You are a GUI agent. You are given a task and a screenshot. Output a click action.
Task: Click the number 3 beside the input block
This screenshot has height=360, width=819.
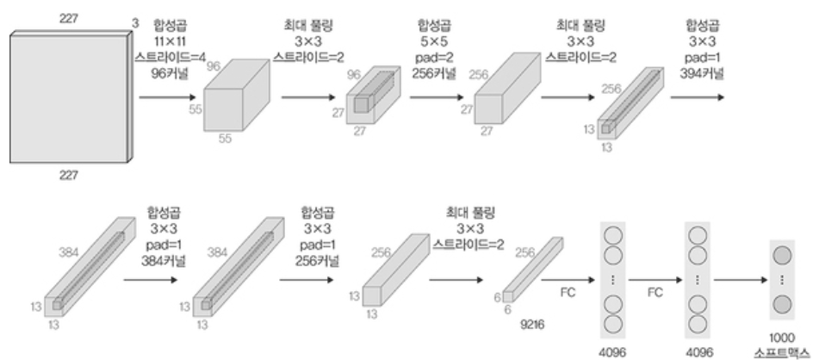(135, 23)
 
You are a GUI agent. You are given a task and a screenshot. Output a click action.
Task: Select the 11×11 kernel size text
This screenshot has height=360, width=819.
(171, 40)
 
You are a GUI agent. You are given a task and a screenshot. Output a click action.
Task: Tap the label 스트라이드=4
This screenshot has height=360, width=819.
(171, 57)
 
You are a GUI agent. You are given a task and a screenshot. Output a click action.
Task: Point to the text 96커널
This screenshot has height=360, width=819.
(171, 73)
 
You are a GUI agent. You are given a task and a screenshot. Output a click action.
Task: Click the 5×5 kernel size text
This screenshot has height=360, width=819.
(433, 40)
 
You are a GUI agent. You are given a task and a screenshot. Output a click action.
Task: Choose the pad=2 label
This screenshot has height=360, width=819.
(433, 57)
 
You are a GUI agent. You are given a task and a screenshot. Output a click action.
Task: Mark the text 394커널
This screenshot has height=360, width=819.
(702, 73)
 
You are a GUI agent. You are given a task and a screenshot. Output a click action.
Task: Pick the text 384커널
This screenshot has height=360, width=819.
(164, 261)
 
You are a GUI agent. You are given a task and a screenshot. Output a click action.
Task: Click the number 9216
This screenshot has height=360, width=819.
(532, 325)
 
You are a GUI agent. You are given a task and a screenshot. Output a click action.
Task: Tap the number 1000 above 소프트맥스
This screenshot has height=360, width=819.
(782, 338)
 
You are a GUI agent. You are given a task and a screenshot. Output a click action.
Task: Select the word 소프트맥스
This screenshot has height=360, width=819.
(782, 353)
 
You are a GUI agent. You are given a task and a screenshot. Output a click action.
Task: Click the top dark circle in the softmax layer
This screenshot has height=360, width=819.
(782, 256)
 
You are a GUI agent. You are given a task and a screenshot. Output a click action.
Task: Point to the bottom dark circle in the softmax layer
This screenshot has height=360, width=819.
(782, 304)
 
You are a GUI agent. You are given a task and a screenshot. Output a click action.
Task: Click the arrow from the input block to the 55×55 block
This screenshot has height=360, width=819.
(167, 97)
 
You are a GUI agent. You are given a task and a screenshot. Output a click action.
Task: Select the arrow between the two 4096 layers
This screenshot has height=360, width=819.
(655, 280)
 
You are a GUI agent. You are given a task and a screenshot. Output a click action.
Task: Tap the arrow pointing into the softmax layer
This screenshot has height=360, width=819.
(741, 280)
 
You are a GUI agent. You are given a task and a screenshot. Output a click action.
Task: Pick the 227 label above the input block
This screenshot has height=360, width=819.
(69, 19)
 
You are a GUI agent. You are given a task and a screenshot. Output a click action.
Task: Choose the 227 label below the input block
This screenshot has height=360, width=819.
(69, 176)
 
